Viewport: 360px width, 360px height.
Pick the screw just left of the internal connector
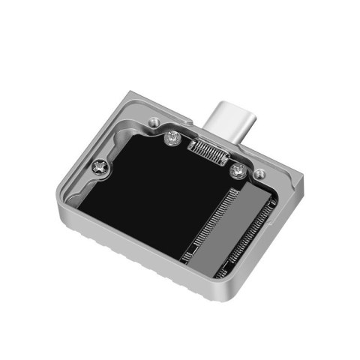(x=172, y=136)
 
